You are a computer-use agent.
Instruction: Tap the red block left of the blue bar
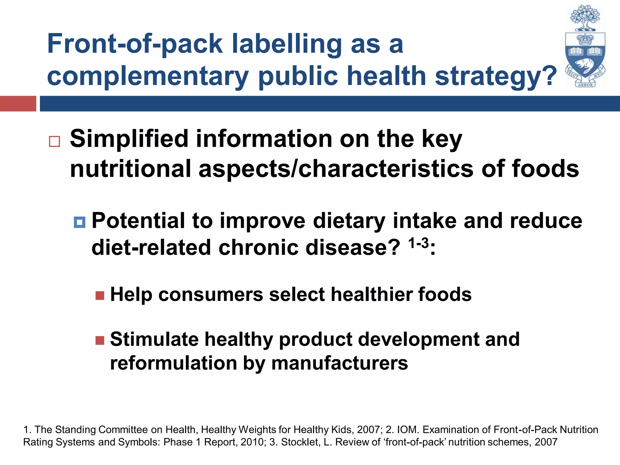pyautogui.click(x=18, y=104)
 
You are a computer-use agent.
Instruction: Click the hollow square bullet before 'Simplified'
pyautogui.click(x=54, y=141)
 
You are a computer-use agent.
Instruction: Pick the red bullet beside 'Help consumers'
pyautogui.click(x=100, y=295)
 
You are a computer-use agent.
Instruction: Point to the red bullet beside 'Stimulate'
pyautogui.click(x=100, y=340)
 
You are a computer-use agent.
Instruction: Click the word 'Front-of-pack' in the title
pyautogui.click(x=135, y=44)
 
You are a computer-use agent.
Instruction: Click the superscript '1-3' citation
pyautogui.click(x=418, y=243)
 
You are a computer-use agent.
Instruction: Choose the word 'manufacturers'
pyautogui.click(x=340, y=363)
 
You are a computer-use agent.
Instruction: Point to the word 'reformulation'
pyautogui.click(x=173, y=363)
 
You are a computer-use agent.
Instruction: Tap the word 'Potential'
pyautogui.click(x=138, y=221)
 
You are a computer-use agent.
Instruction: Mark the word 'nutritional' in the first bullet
pyautogui.click(x=130, y=169)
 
